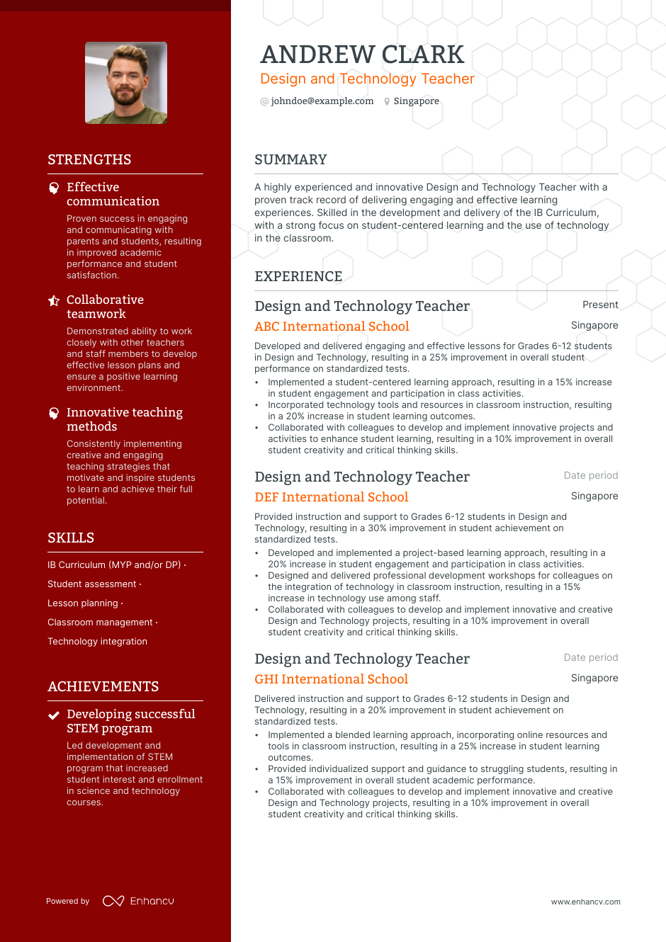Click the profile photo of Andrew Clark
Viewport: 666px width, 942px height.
[x=126, y=83]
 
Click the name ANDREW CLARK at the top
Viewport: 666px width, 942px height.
[x=361, y=55]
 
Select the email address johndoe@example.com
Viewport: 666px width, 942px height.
[x=322, y=101]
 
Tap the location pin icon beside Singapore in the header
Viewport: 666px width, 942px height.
[x=387, y=101]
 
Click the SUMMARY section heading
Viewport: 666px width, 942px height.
[x=290, y=160]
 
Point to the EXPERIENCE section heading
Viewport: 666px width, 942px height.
[x=298, y=277]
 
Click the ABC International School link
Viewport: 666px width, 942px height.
[x=332, y=327]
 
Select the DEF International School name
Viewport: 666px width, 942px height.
[x=331, y=497]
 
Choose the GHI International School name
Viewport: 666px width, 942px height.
[x=331, y=679]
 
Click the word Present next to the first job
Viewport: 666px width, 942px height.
[x=600, y=305]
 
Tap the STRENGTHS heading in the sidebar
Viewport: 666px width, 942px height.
[x=89, y=160]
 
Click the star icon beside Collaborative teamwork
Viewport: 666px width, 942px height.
[x=54, y=300]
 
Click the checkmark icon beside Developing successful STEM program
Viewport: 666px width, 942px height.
[x=53, y=715]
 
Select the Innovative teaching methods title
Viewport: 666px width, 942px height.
[x=124, y=419]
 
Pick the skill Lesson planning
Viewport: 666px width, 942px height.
[x=83, y=603]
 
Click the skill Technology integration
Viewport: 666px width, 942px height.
[x=97, y=642]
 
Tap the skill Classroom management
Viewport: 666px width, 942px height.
[x=100, y=623]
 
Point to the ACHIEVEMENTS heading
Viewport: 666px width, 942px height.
[x=103, y=687]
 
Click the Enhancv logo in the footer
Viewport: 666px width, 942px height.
[x=138, y=901]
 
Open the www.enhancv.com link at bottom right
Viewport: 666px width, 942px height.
[x=585, y=902]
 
